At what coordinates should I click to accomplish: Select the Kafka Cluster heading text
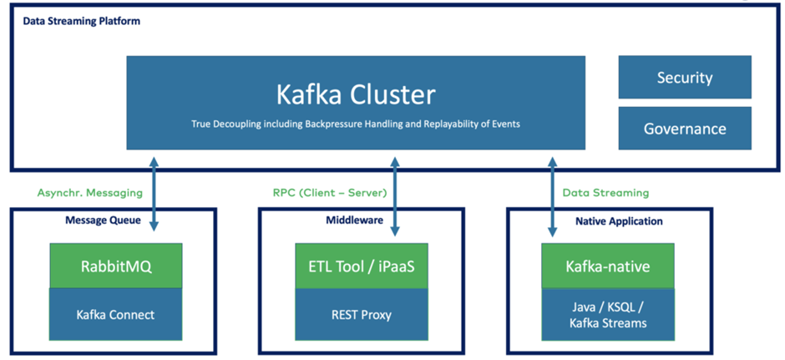tap(356, 94)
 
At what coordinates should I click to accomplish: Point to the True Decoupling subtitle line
tap(356, 124)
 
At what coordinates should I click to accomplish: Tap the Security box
tap(684, 78)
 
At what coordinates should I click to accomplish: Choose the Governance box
tap(684, 129)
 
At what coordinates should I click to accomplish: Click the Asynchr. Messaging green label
tap(90, 193)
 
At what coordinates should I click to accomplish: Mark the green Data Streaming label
tap(605, 193)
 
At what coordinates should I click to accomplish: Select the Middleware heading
tap(355, 221)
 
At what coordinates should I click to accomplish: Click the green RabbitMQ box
tap(115, 266)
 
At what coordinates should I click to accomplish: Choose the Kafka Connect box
tap(115, 314)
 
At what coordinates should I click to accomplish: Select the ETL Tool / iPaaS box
tap(361, 266)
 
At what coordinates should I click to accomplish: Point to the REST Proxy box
tap(361, 314)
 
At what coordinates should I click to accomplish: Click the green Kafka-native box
tap(607, 266)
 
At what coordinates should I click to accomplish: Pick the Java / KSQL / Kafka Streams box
tap(607, 316)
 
